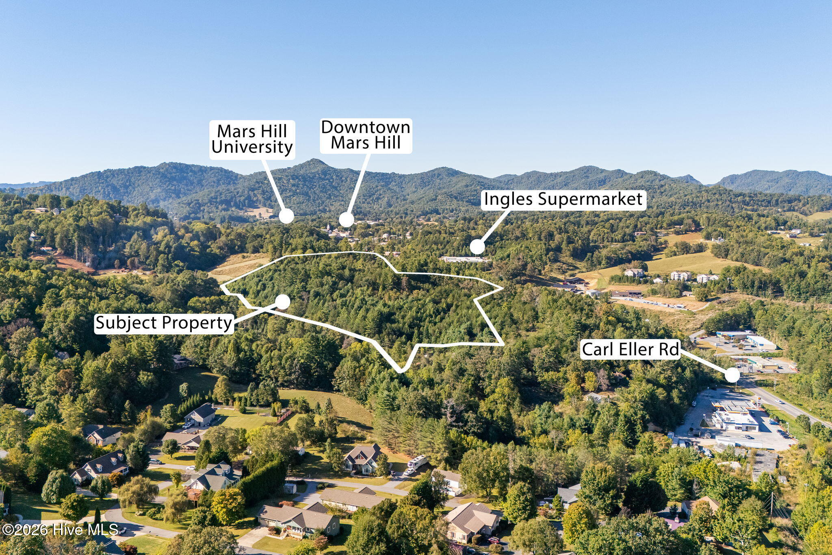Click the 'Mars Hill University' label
coord(252,139)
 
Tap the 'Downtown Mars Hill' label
coord(366,135)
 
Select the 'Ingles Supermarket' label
coord(563,200)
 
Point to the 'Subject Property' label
coord(164,323)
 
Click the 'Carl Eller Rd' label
coord(630,349)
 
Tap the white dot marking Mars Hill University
coord(286,216)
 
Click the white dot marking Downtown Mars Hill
coord(346,220)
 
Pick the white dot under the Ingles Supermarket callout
coord(477,247)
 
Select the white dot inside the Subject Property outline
coord(283,302)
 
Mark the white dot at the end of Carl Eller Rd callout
coord(732,375)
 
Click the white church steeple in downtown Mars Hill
coord(328,227)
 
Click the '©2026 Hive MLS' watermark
coord(60,529)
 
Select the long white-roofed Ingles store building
coord(465,259)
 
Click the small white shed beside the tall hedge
coord(290,488)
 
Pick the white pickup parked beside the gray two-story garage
coord(188,425)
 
